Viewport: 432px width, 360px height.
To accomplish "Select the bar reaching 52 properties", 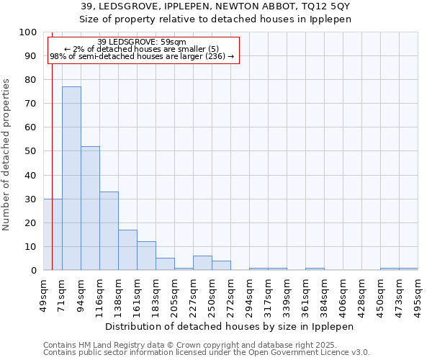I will tap(90, 208).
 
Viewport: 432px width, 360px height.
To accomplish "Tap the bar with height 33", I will tap(109, 230).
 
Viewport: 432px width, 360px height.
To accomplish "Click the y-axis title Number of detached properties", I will tap(7, 155).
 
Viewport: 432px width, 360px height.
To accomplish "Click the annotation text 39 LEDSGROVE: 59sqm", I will tap(142, 42).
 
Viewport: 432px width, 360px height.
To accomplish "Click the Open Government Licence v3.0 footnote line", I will tap(206, 352).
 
